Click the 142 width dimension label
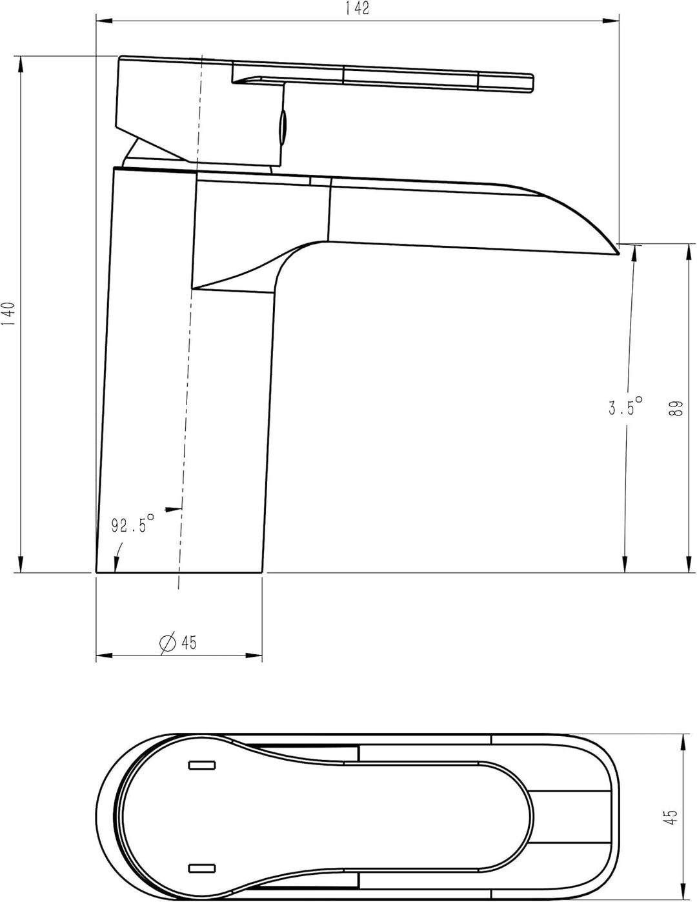tap(357, 8)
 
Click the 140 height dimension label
tap(8, 314)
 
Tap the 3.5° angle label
tap(625, 406)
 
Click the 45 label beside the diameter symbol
tap(188, 643)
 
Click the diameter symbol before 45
tap(168, 643)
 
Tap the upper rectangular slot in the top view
tap(202, 765)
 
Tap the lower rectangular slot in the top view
tap(202, 868)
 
